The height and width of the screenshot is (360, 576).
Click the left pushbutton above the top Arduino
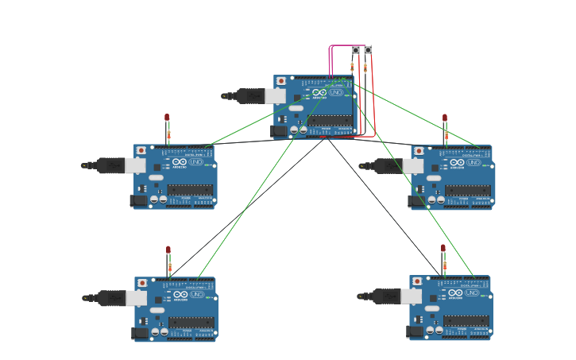click(x=355, y=50)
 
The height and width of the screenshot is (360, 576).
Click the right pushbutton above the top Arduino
click(x=368, y=50)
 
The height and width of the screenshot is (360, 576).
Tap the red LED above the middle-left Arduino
click(x=167, y=118)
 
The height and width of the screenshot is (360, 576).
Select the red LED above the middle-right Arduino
click(x=445, y=118)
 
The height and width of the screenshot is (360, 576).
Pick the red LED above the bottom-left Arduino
click(x=168, y=250)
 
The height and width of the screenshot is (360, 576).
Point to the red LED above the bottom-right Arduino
click(x=443, y=249)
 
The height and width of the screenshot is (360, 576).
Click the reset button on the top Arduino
click(x=281, y=81)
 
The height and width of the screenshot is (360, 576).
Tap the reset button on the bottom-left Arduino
click(x=142, y=283)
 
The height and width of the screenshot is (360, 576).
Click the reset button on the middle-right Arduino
click(x=419, y=150)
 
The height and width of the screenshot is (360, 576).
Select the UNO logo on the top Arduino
click(x=336, y=93)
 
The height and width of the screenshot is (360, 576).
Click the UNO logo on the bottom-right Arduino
click(x=472, y=293)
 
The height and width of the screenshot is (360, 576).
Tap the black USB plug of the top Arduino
click(x=249, y=96)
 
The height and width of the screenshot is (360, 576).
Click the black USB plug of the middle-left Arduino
click(x=110, y=165)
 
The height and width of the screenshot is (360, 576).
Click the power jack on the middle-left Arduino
click(x=138, y=200)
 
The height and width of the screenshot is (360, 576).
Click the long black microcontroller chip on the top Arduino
click(x=331, y=121)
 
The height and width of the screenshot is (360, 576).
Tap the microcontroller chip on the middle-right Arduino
click(x=468, y=190)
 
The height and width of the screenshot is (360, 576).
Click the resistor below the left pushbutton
click(x=352, y=68)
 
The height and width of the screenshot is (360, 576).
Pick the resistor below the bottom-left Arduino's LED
click(x=169, y=267)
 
